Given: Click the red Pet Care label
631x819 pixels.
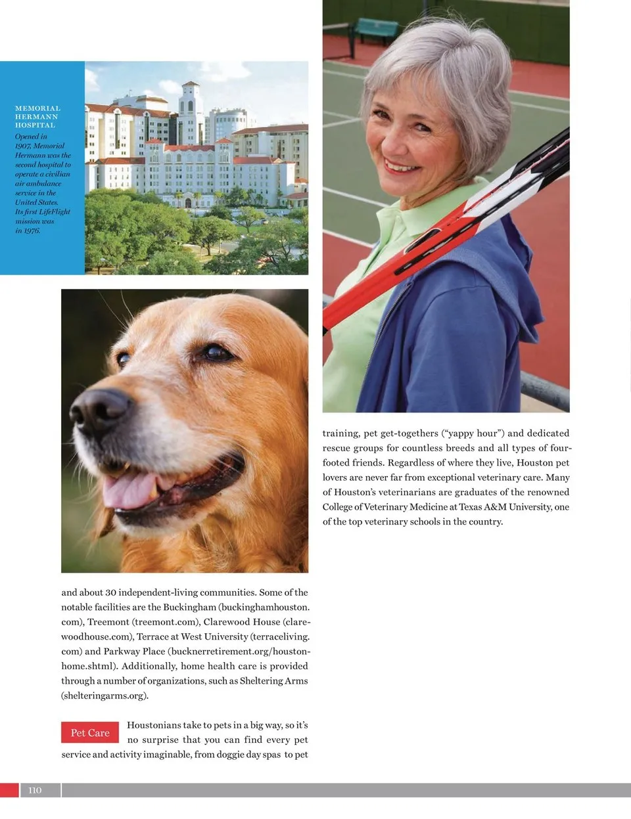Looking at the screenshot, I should (x=90, y=733).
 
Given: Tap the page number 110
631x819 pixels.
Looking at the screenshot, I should (x=35, y=790).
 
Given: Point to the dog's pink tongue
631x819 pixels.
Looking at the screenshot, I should (x=129, y=491).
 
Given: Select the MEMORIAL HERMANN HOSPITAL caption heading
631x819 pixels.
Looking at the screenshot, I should (x=37, y=116).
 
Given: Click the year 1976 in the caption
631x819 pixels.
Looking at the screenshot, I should (x=32, y=231).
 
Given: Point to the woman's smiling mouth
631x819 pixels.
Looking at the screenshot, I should (x=402, y=167).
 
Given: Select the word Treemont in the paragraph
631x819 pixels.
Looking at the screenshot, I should (x=108, y=621).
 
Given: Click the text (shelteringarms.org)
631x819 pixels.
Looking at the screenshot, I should (x=105, y=696).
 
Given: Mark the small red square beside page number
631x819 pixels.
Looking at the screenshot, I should (x=9, y=790).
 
